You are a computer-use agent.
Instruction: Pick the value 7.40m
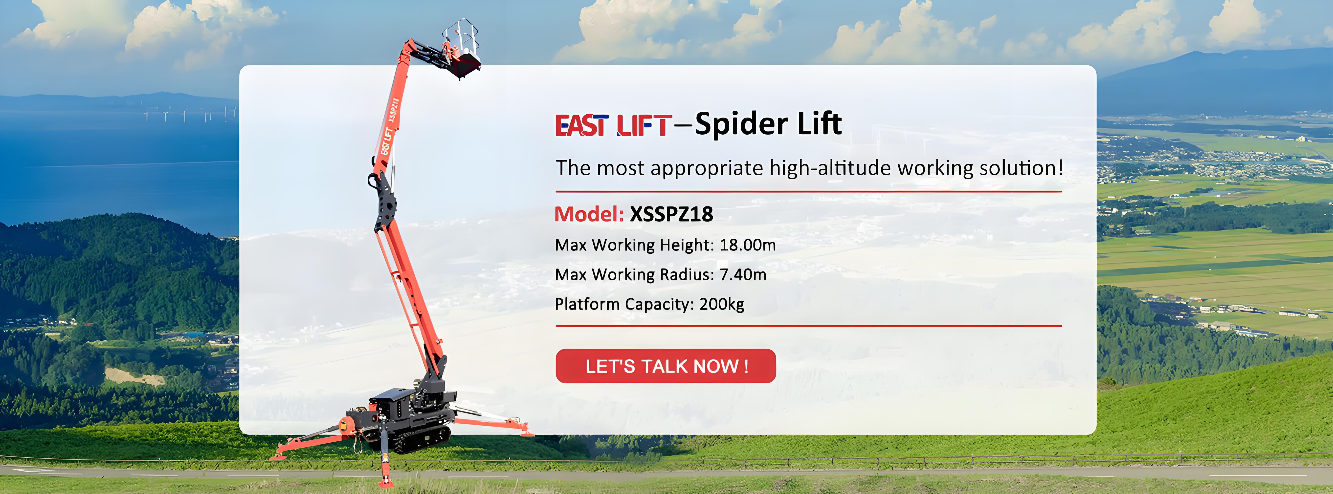pyautogui.click(x=743, y=274)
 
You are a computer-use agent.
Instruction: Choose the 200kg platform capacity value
pyautogui.click(x=722, y=304)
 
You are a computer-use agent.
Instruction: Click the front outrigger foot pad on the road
pyautogui.click(x=385, y=481)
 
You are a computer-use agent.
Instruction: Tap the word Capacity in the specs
pyautogui.click(x=659, y=304)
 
